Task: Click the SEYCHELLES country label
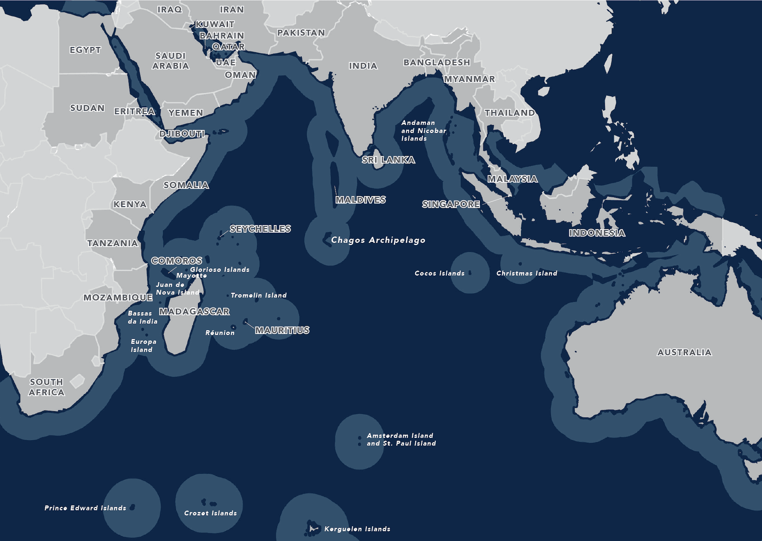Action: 260,229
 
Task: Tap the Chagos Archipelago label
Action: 378,240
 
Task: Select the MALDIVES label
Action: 360,200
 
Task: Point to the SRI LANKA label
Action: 388,160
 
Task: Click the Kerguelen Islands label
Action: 357,529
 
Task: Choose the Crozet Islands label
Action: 210,513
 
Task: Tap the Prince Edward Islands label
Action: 85,508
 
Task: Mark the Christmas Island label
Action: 527,273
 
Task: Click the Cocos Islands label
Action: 440,273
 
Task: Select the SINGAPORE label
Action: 451,204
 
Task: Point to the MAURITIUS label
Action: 282,330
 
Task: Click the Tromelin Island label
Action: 259,295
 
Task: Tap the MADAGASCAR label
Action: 194,312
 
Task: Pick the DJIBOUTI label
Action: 182,134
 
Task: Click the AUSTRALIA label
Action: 684,352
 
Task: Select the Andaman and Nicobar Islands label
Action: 423,130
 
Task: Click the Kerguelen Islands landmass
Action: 312,528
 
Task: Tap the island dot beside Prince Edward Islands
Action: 132,507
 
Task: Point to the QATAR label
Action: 228,46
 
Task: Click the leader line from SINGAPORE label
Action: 496,200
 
